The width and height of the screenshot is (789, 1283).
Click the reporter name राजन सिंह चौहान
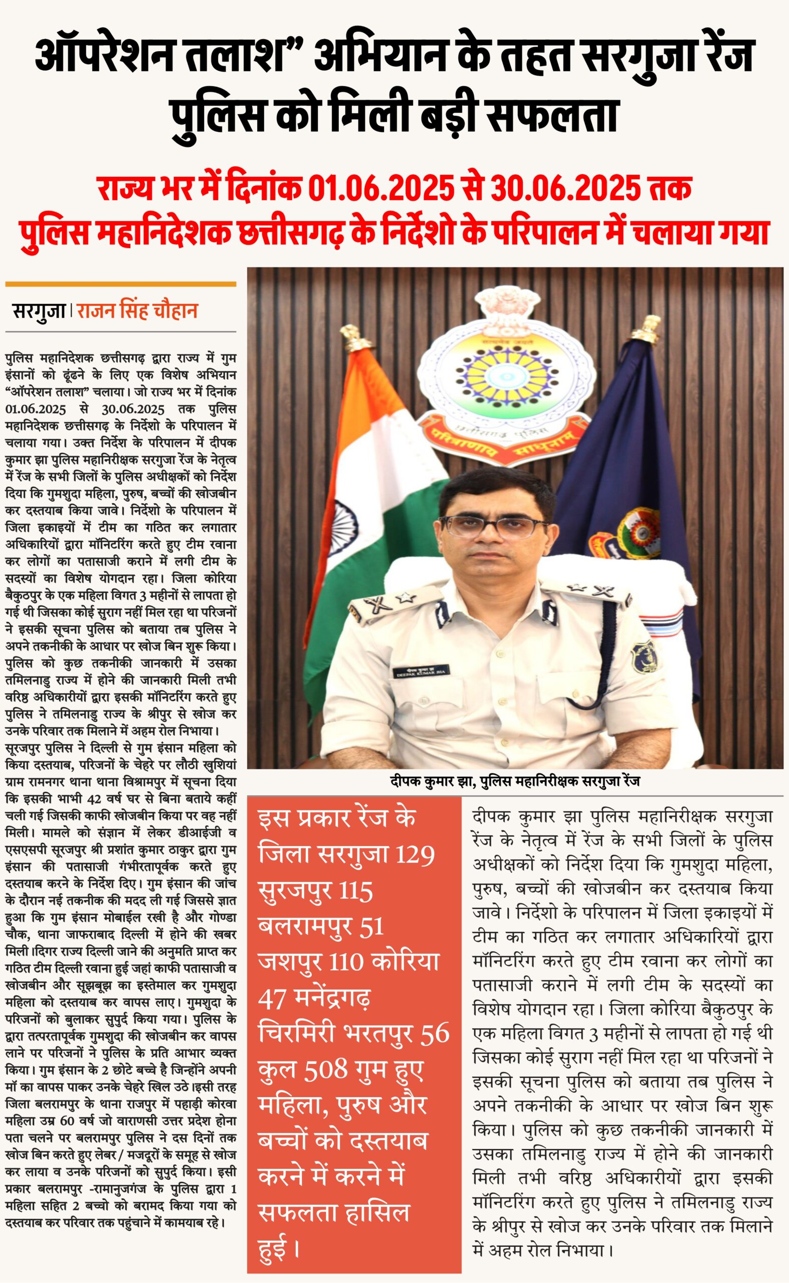(137, 311)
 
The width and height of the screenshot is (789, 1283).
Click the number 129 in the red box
(415, 854)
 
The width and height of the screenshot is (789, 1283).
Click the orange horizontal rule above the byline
(120, 284)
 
